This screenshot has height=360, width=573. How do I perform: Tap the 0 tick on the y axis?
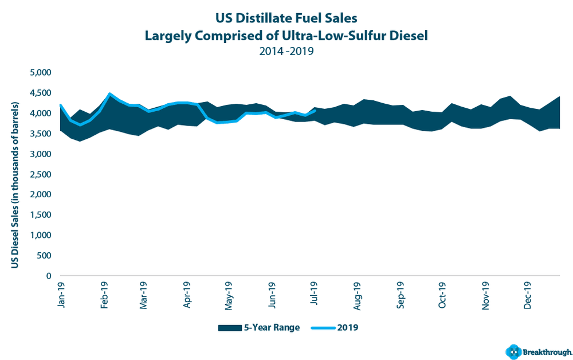click(49, 276)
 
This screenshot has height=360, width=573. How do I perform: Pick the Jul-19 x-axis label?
click(315, 294)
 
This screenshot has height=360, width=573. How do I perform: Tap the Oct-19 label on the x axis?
click(442, 294)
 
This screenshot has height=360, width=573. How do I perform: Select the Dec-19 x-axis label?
click(528, 294)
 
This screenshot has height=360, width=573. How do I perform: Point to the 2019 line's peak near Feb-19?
click(109, 93)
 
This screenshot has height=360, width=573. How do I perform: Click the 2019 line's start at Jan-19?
click(60, 104)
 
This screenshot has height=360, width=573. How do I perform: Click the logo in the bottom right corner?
click(537, 351)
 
